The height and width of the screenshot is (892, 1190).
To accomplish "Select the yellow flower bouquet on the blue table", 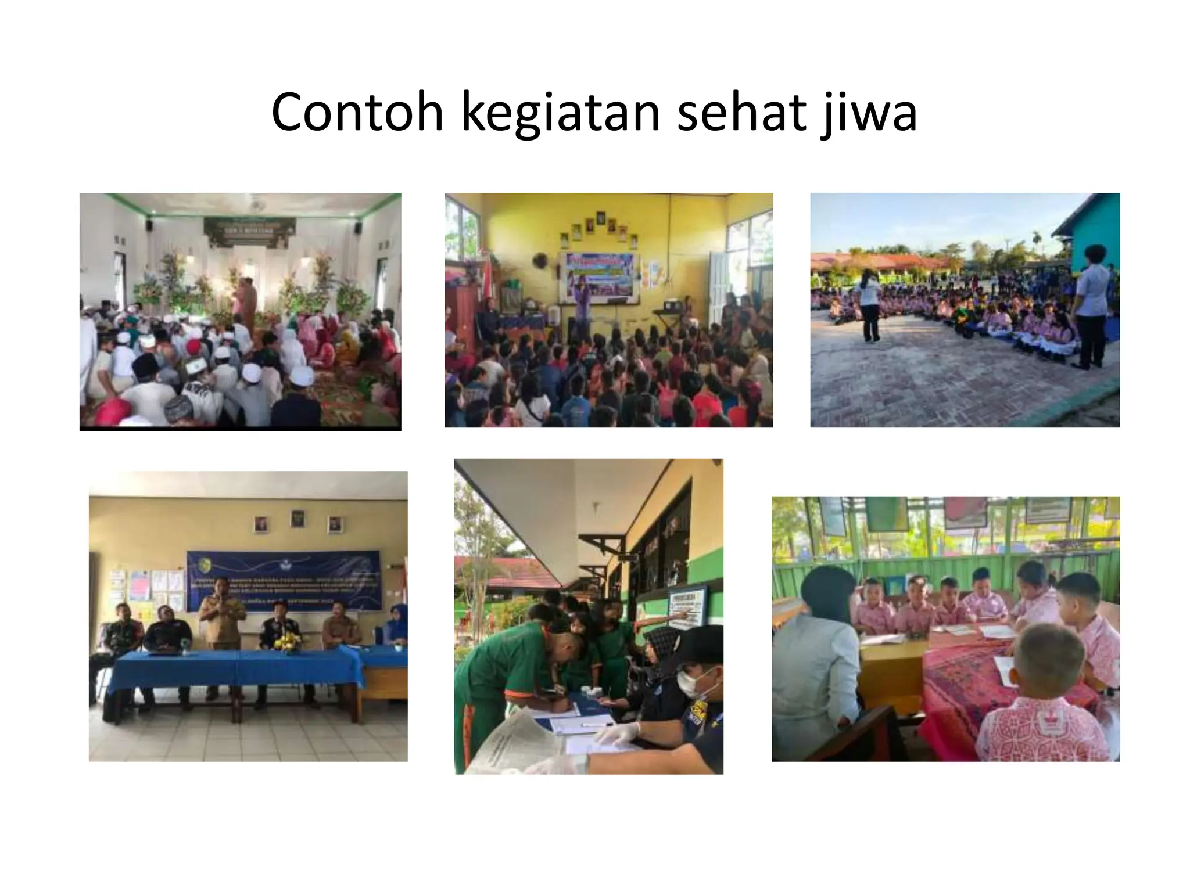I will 288,642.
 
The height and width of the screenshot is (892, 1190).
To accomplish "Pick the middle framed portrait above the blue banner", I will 297,519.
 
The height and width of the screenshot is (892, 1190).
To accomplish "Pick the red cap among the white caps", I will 193,346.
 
